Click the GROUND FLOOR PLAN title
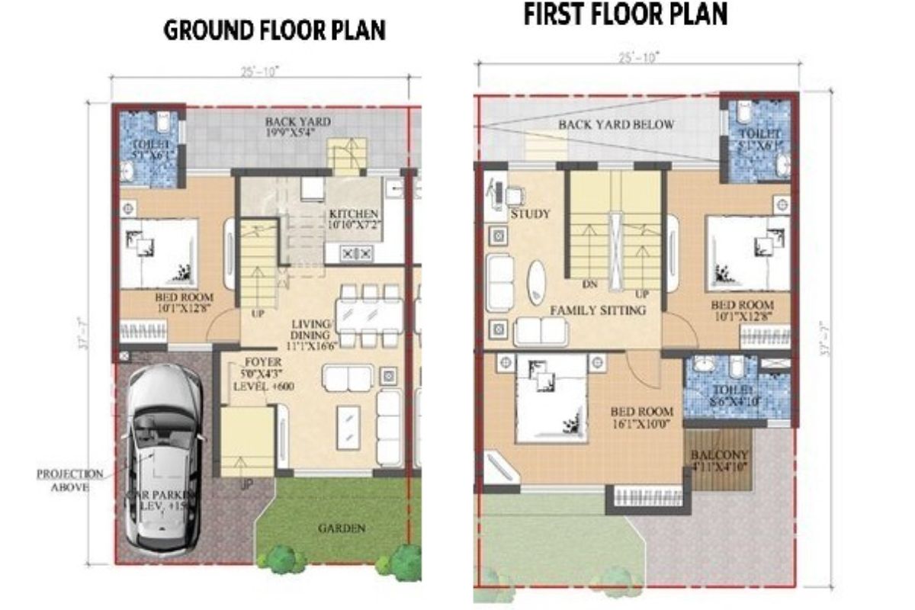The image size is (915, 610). pos(275,30)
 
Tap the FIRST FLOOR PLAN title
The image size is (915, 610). pos(625,14)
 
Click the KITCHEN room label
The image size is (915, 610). pos(353,213)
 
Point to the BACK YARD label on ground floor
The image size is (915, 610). pos(287,122)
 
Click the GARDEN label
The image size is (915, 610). pos(341,528)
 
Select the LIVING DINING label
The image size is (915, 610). pos(311,329)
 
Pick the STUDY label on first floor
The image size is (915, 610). pos(530,214)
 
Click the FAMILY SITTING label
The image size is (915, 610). pos(598,310)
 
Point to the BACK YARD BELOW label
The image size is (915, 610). pos(615,125)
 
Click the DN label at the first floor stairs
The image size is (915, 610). pos(588,284)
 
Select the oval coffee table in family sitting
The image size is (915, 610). pos(538,281)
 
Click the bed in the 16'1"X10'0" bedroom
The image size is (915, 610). pos(551,399)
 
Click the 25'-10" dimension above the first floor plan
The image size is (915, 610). pos(639,56)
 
